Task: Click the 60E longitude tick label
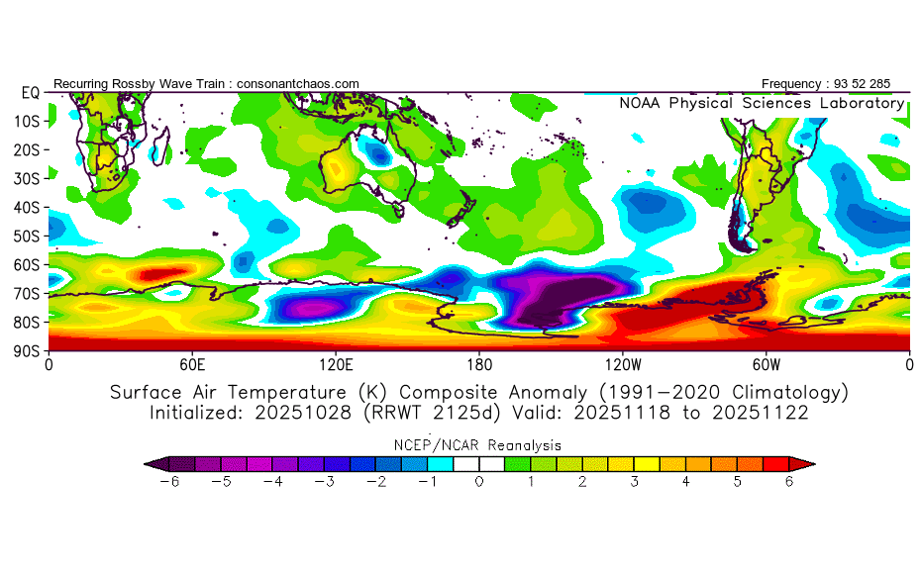point(192,364)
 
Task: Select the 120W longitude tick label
point(623,364)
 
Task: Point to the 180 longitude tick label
point(479,364)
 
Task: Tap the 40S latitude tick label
point(27,207)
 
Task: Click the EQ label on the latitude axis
point(30,92)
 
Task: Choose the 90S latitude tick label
point(27,350)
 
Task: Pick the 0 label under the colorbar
point(479,482)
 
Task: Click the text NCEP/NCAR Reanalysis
point(479,444)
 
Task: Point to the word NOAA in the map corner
point(641,103)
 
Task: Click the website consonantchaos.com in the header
point(298,83)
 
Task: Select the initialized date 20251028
point(271,413)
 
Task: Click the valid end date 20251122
point(766,413)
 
